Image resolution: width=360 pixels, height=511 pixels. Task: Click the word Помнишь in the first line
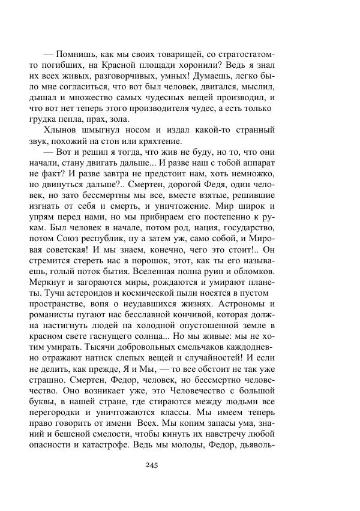point(82,49)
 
